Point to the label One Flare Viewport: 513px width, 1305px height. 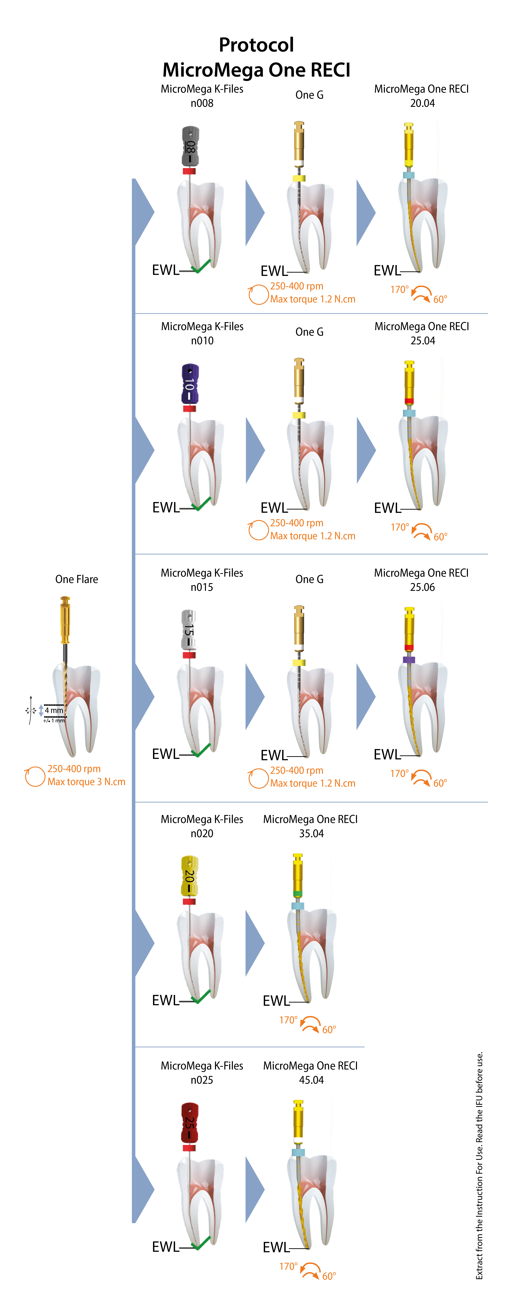(77, 579)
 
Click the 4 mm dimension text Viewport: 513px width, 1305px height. (54, 710)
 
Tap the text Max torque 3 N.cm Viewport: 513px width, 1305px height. (86, 782)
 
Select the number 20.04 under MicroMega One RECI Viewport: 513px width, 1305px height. (422, 103)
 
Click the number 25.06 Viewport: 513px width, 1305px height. (422, 587)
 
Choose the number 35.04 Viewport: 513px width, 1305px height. (311, 833)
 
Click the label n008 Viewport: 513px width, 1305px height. (202, 103)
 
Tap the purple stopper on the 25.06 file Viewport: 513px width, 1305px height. (409, 660)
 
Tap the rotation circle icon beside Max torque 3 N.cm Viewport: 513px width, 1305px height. (35, 777)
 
